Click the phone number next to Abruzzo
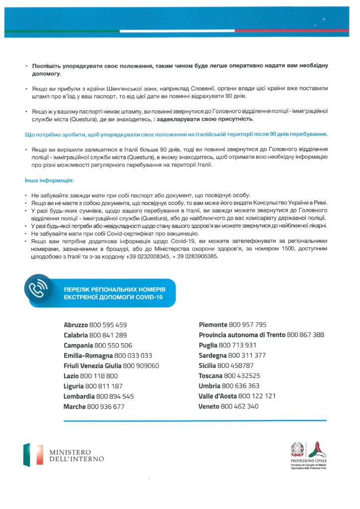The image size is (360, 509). click(108, 325)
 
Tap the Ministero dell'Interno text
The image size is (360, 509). click(76, 455)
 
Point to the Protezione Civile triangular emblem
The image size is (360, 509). click(317, 449)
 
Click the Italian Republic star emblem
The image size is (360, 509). click(297, 449)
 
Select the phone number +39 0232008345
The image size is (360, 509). click(147, 256)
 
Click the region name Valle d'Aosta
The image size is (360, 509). click(217, 396)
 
